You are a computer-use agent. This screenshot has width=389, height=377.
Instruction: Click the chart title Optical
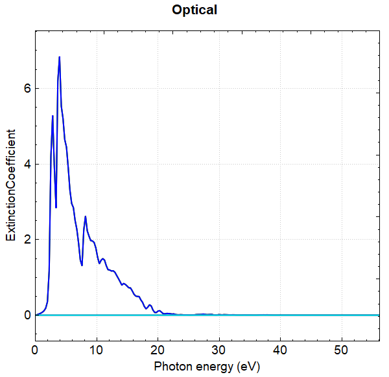[194, 10]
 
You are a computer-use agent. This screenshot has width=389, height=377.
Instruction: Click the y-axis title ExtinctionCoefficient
[11, 185]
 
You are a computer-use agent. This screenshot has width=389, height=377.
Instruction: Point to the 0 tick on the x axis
[36, 349]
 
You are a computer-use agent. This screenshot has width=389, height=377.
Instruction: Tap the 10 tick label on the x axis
[97, 349]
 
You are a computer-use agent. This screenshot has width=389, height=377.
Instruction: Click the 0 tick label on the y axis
[26, 315]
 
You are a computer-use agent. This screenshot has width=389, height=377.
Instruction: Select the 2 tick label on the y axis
[26, 240]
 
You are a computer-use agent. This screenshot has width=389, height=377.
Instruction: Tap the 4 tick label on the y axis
[26, 164]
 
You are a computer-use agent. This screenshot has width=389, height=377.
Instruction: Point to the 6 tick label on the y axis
[26, 88]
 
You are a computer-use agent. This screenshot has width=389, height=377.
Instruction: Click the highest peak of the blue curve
[60, 57]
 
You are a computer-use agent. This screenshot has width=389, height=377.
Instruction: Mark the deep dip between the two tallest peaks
[56, 207]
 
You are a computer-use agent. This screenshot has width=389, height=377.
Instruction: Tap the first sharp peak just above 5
[53, 116]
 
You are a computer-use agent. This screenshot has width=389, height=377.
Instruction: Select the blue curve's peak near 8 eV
[85, 216]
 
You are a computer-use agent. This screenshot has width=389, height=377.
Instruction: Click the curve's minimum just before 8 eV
[82, 265]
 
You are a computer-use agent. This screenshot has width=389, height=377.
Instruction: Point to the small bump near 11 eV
[102, 258]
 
